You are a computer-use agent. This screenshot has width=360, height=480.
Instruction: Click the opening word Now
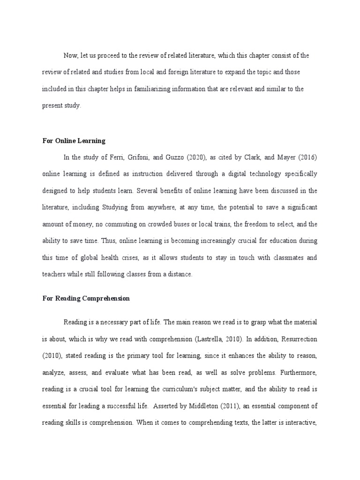coord(70,55)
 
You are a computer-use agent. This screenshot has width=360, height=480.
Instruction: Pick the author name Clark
coord(257,157)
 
